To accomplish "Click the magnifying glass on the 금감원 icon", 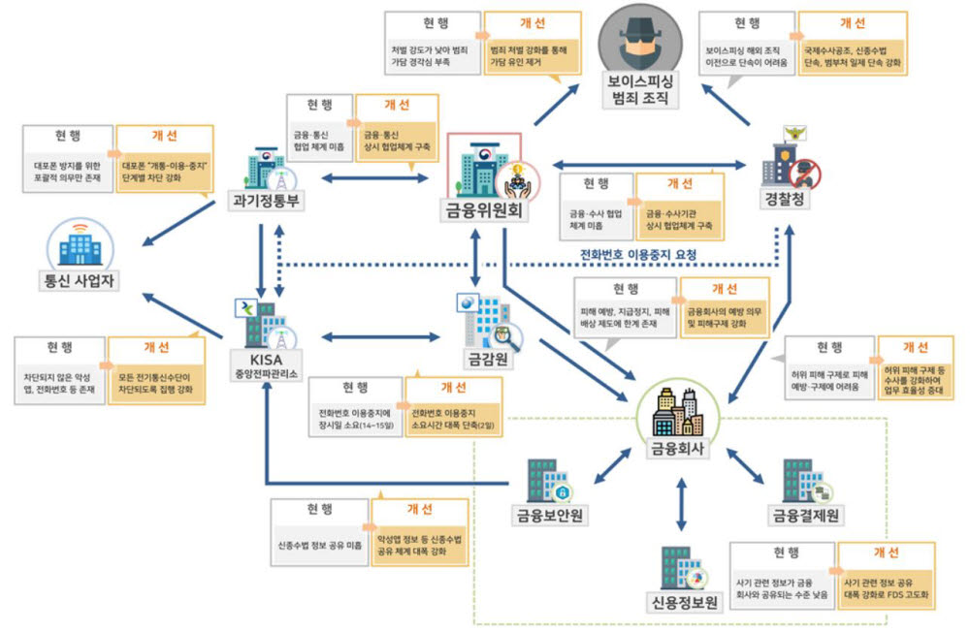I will (x=505, y=337).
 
